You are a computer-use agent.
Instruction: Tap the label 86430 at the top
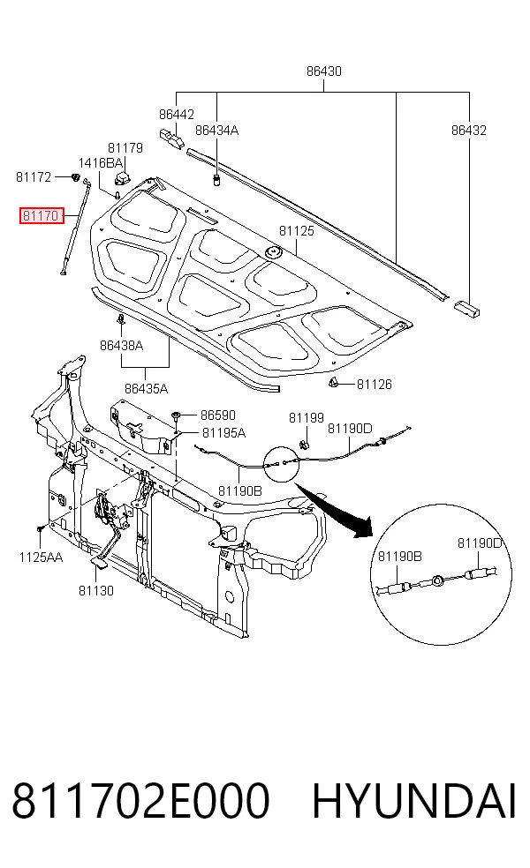pos(324,71)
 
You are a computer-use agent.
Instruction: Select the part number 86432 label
pos(469,130)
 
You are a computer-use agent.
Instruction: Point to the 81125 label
pos(297,231)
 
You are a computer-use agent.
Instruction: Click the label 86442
pos(177,114)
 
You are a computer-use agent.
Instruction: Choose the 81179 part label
pos(125,148)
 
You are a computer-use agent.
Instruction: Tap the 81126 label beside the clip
pos(375,385)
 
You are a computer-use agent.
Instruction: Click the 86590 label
pos(218,415)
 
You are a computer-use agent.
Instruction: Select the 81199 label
pos(306,418)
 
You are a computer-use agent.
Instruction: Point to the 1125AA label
pos(41,557)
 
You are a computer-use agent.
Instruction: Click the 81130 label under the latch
pos(96,591)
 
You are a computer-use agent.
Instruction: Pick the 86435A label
pos(147,389)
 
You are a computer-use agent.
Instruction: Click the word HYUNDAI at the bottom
pos(414,801)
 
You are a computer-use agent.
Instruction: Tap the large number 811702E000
pos(141,801)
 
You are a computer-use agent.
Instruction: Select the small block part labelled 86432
pos(466,308)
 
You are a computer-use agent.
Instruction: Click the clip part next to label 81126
pos(334,382)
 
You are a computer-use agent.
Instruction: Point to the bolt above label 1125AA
pos(41,531)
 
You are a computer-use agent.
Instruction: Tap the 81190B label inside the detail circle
pos(400,557)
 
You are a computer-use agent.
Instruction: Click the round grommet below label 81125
pos(273,253)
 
